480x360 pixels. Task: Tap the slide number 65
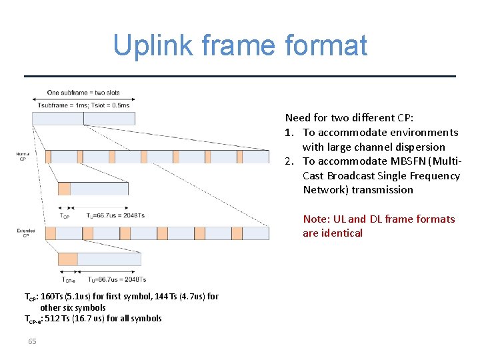(32, 342)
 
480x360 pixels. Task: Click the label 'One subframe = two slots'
(83, 92)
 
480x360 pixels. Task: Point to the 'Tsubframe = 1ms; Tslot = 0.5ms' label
(83, 105)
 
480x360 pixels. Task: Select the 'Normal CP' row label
(22, 157)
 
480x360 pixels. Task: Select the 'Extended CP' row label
(22, 233)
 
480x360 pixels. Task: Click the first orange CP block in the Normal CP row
(48, 157)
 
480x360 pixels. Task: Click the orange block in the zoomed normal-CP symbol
(64, 189)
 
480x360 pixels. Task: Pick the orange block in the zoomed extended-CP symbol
(68, 259)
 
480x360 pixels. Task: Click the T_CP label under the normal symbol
(65, 216)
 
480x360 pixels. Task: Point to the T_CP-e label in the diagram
(68, 280)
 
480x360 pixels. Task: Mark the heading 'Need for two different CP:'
(349, 117)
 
